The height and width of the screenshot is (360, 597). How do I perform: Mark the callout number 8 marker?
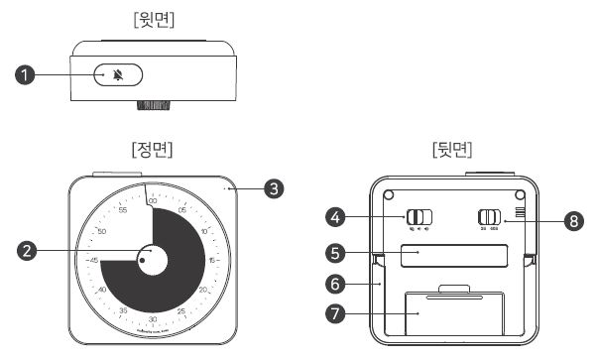[x=572, y=220]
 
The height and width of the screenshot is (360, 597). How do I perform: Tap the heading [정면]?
[x=152, y=150]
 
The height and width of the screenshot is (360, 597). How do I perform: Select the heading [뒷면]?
[x=451, y=150]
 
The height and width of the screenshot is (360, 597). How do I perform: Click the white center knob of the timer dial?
[x=152, y=261]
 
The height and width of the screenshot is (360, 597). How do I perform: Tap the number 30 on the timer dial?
[x=152, y=319]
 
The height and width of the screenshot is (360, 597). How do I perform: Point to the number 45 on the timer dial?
[x=93, y=261]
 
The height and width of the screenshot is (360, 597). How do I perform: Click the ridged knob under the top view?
[x=152, y=105]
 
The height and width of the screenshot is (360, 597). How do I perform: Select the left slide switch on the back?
[x=419, y=217]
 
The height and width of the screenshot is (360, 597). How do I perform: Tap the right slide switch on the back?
[x=490, y=217]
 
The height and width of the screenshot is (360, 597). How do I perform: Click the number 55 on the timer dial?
[x=123, y=210]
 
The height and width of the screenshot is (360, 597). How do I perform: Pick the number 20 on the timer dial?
[x=202, y=290]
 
